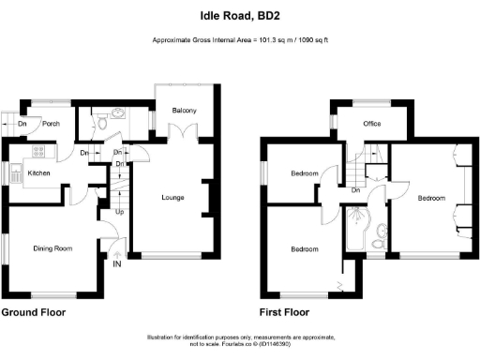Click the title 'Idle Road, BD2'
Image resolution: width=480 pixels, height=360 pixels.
click(239, 15)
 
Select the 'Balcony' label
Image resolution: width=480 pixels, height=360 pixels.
click(184, 112)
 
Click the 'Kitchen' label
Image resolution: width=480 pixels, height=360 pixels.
click(38, 173)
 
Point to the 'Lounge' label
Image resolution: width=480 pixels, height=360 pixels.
click(172, 197)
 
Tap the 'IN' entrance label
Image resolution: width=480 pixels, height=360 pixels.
click(117, 265)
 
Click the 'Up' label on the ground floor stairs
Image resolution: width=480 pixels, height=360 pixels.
click(119, 212)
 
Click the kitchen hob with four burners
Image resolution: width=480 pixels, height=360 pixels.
click(39, 151)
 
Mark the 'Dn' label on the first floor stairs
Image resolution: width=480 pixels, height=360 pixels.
click(356, 190)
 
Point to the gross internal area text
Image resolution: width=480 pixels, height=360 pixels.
click(239, 40)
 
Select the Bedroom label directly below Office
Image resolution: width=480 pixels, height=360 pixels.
click(305, 174)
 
